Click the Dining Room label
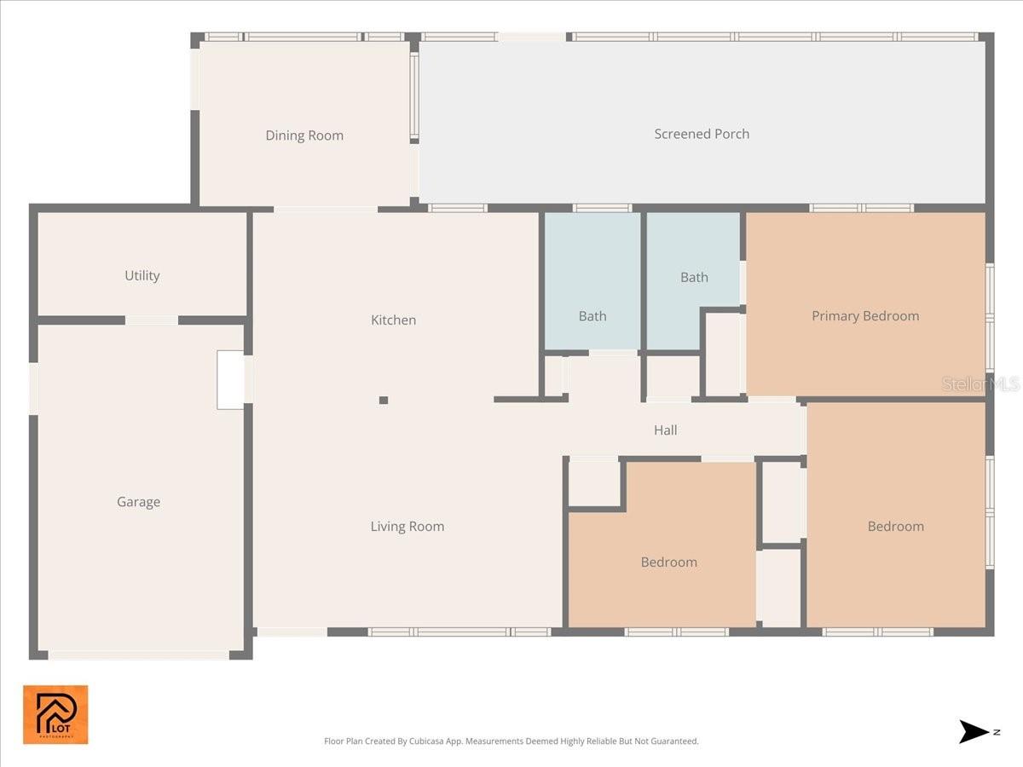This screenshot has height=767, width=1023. [x=304, y=136]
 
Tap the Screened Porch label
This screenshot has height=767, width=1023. [x=702, y=134]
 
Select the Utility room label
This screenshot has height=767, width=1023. [x=142, y=275]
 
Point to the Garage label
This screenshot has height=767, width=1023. [x=138, y=502]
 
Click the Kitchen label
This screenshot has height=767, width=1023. [x=393, y=320]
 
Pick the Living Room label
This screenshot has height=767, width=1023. [x=407, y=527]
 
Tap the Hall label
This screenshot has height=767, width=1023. [x=665, y=430]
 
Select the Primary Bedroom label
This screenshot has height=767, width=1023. [x=864, y=316]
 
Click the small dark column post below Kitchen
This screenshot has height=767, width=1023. [x=384, y=400]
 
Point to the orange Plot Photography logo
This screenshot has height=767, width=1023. [x=55, y=714]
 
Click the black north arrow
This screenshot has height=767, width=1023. [x=974, y=731]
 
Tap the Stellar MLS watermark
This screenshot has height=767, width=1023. [x=980, y=384]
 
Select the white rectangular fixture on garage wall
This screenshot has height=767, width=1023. [x=230, y=380]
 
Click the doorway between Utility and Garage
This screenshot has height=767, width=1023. [x=152, y=320]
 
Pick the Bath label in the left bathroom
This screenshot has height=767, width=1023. [x=592, y=316]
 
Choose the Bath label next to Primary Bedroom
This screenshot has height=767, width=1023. [x=694, y=277]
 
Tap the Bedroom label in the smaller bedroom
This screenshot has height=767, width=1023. [x=668, y=562]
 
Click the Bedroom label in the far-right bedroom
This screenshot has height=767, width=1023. [x=895, y=527]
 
